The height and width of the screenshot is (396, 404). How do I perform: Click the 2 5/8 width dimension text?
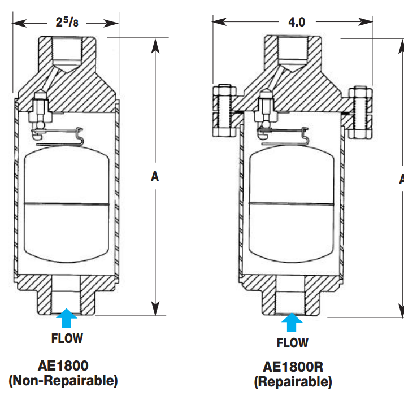pos(66,22)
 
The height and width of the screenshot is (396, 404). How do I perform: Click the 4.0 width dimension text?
pos(296,22)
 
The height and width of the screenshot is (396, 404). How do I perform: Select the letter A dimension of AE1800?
pos(154,176)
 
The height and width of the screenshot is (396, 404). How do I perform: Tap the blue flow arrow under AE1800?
pos(67,318)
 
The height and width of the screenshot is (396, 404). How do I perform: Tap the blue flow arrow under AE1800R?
pos(292,322)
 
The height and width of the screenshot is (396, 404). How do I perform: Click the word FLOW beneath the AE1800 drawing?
pos(67,339)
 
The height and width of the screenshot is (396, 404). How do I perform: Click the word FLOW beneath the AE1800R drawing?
pos(292,343)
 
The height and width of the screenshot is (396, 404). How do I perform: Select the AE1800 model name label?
pos(63,364)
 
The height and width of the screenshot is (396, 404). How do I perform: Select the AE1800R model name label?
pos(293,367)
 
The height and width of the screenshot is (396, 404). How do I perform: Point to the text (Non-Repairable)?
pos(63,380)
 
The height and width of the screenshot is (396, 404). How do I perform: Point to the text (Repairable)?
pos(293,382)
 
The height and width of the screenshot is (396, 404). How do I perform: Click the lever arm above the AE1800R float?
pos(283,134)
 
